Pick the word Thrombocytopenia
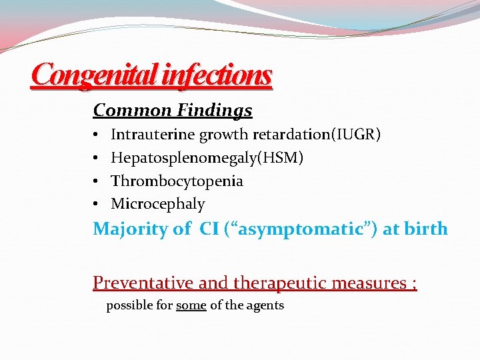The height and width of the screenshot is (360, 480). [x=177, y=181]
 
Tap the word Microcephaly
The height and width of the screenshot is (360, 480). [x=158, y=204]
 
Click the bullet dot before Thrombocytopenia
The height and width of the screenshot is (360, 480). [x=97, y=181]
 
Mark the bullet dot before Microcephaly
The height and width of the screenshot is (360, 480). [x=97, y=204]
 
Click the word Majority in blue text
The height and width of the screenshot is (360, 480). [x=131, y=229]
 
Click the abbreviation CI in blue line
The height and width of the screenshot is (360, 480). [x=209, y=229]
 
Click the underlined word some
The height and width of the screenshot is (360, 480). [x=191, y=305]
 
